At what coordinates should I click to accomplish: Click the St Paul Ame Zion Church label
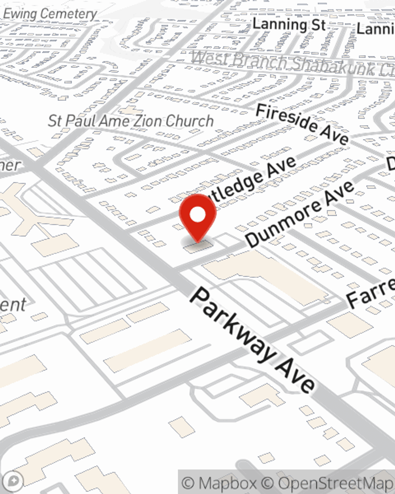(130, 121)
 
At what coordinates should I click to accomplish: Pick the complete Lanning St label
(289, 25)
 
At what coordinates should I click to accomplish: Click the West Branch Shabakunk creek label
(292, 63)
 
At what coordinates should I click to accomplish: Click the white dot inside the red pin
(197, 215)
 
